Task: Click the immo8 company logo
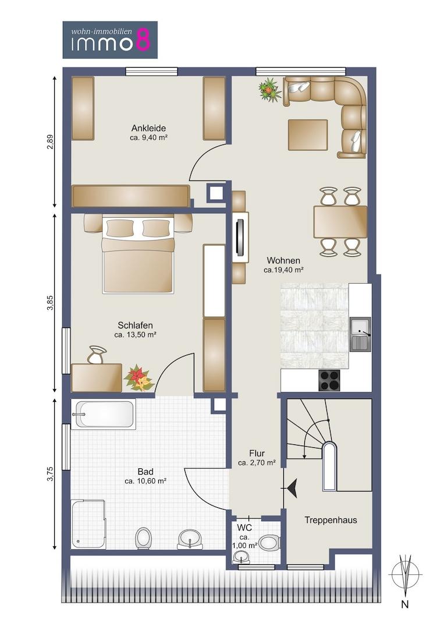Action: [x=110, y=40]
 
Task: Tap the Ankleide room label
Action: [x=148, y=128]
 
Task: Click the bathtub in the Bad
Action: [x=104, y=414]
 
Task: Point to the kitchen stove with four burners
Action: [x=329, y=380]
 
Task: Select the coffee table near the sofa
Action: [x=307, y=135]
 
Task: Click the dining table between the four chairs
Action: [x=340, y=222]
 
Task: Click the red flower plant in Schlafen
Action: [x=138, y=378]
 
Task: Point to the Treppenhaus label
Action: [x=331, y=520]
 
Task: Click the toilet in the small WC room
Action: [x=268, y=543]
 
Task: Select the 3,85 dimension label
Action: [x=49, y=303]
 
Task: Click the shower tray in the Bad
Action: [x=89, y=524]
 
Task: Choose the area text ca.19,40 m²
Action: [x=283, y=270]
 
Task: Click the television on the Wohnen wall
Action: [x=240, y=236]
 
